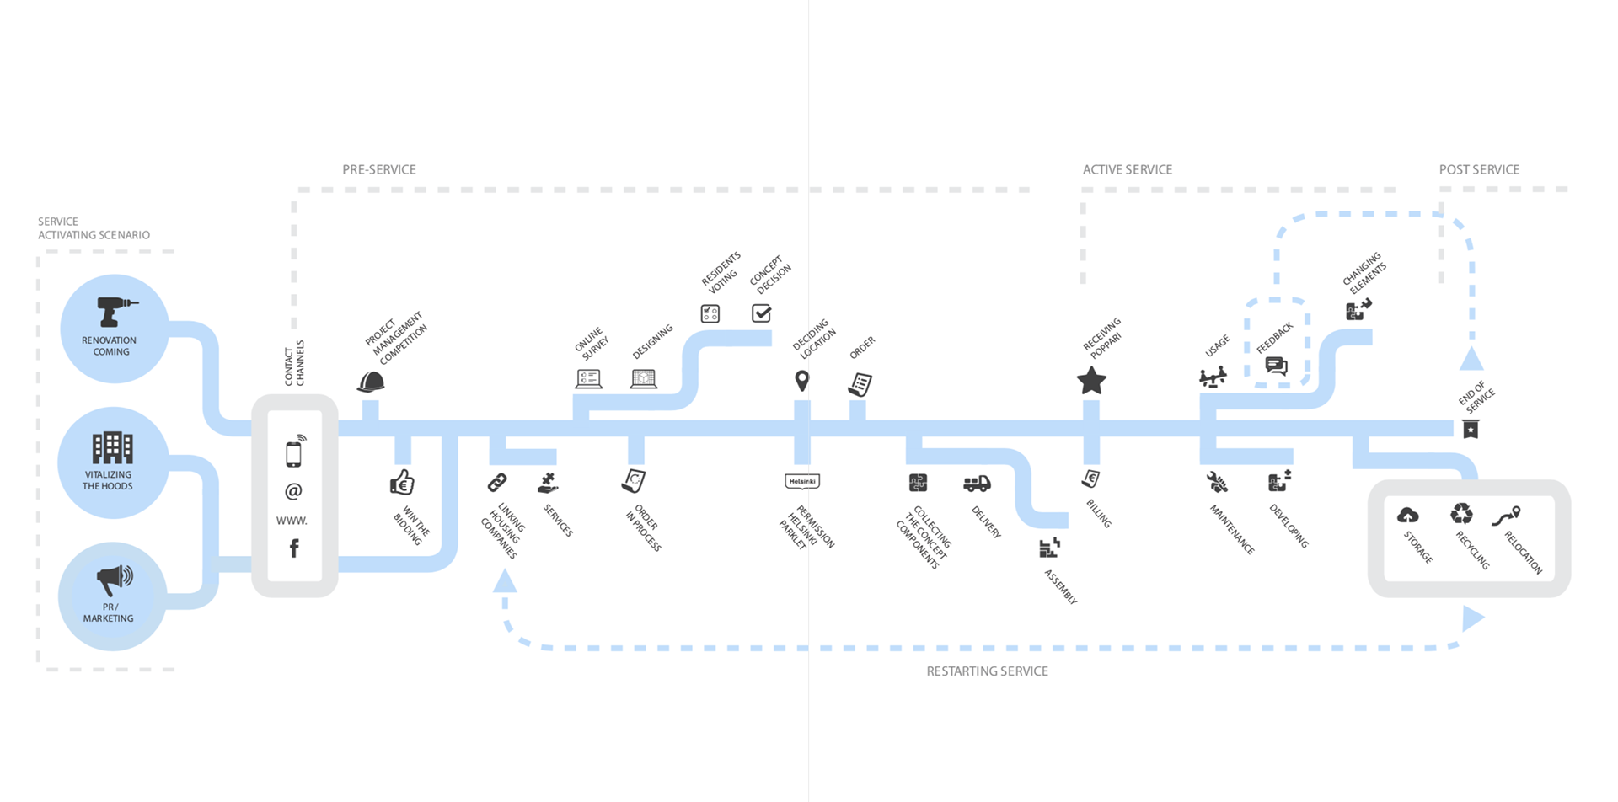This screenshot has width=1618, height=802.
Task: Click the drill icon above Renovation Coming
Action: click(x=115, y=311)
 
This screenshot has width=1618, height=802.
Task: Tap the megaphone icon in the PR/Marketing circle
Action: click(x=114, y=579)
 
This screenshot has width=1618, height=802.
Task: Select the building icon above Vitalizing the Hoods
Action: click(x=112, y=447)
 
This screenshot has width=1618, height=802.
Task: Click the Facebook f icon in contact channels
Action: click(x=294, y=548)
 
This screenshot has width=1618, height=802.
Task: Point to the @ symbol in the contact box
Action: click(x=293, y=491)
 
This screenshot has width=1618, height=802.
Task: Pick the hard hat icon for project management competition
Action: click(x=371, y=382)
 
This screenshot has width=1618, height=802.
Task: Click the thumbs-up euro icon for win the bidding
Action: click(x=402, y=482)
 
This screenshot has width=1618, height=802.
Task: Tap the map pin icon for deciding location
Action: click(x=802, y=381)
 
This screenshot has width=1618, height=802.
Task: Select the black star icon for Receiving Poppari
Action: click(x=1091, y=381)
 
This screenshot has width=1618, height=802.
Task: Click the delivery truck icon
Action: click(x=977, y=484)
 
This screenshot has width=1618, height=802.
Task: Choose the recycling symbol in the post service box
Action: click(x=1461, y=513)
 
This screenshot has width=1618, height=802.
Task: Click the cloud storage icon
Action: click(x=1407, y=515)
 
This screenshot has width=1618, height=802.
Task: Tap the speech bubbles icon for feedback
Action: click(x=1276, y=366)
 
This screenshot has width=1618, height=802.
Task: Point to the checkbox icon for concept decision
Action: click(x=761, y=313)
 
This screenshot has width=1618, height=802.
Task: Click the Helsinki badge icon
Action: click(x=801, y=481)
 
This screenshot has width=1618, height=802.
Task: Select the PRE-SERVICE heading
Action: click(x=379, y=169)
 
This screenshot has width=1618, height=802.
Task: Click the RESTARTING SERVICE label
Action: click(x=987, y=671)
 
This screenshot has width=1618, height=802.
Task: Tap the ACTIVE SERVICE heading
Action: click(x=1128, y=169)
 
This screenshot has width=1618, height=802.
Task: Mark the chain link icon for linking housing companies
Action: click(x=497, y=483)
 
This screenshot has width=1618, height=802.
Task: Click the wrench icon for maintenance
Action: click(x=1217, y=482)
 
